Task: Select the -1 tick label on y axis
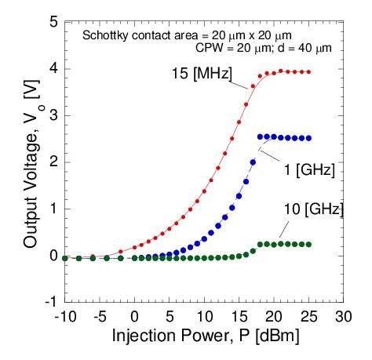50,302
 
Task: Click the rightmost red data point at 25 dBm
308,72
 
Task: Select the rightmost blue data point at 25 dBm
308,138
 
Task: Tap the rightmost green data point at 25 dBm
308,244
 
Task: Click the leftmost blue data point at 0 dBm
135,257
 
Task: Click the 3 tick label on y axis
53,115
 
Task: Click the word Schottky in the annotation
102,35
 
